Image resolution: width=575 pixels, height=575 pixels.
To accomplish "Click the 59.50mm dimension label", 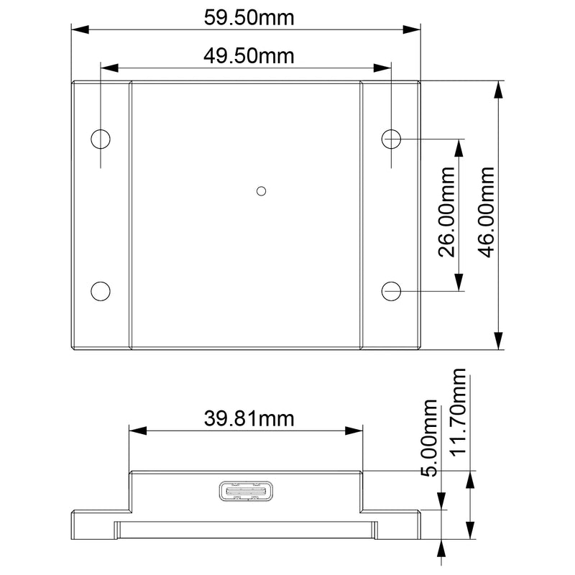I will [x=249, y=17].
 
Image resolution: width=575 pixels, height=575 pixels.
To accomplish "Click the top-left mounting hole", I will [x=101, y=139].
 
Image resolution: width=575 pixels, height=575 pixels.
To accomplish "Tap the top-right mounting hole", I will [x=391, y=139].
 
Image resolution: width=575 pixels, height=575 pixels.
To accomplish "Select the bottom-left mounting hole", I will [x=101, y=290].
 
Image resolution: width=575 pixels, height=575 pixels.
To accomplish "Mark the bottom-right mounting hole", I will [x=391, y=290].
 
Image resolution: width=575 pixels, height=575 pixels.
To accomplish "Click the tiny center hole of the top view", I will [x=262, y=190].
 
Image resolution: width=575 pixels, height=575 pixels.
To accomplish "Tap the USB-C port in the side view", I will [x=245, y=492].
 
